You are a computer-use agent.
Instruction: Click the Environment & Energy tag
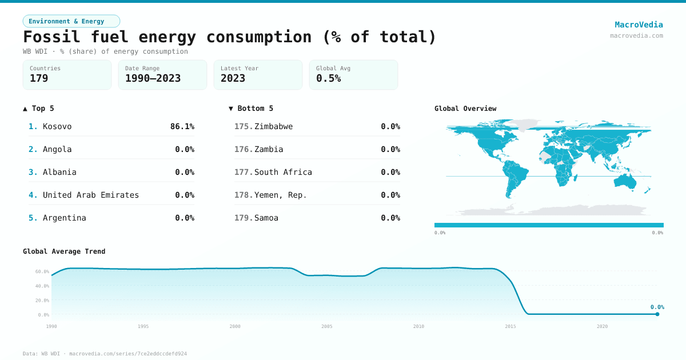coord(71,21)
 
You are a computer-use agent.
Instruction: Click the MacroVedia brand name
coord(639,25)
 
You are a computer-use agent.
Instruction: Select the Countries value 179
coord(39,78)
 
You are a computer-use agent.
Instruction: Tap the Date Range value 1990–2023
coord(153,78)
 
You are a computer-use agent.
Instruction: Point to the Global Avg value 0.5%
coord(328,78)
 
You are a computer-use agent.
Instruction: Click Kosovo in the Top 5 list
coord(57,126)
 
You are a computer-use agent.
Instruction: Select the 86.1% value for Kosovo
coord(182,126)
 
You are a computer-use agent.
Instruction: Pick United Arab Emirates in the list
coord(91,195)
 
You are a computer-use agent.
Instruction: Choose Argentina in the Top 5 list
coord(65,218)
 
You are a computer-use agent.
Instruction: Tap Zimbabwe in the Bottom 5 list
coord(273,126)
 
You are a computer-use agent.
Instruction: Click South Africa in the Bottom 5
coord(283,172)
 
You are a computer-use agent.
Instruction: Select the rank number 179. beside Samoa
coord(244,218)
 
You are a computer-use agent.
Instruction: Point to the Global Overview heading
coord(465,109)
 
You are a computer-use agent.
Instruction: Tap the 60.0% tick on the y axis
coord(42,271)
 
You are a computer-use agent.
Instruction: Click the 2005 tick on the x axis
coord(327,326)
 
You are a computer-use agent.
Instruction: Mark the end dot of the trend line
coord(657,314)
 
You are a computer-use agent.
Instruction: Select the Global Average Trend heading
coord(64,251)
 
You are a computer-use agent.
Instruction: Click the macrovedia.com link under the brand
coord(636,35)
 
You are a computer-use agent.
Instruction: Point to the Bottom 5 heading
coord(251,109)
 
